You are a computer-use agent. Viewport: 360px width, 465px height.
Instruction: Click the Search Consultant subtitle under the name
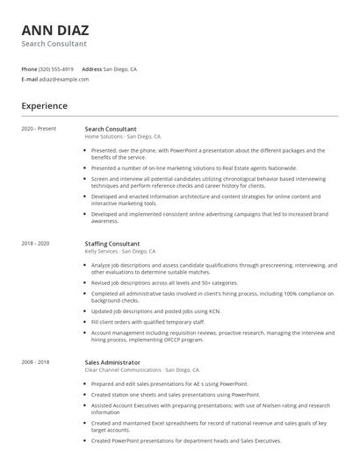coord(54,43)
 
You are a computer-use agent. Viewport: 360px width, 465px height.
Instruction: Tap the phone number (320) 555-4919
coord(56,68)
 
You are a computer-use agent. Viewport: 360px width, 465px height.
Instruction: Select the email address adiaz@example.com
coord(64,79)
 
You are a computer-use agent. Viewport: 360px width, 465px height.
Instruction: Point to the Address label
coord(91,68)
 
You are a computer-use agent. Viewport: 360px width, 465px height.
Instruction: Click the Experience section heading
coord(44,106)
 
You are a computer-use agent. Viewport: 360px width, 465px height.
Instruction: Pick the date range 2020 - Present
coord(39,129)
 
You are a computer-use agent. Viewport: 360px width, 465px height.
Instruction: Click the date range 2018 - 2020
coord(35,243)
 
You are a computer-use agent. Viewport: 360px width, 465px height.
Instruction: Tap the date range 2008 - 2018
coord(35,361)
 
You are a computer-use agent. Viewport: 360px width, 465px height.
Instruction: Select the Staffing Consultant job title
coord(112,243)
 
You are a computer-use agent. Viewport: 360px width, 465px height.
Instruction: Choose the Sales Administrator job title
coord(112,361)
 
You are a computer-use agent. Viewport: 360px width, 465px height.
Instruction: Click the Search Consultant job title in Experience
coord(110,129)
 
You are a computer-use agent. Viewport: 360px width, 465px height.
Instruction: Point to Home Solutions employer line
coord(122,137)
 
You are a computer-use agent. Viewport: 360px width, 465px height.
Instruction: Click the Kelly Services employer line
coord(119,251)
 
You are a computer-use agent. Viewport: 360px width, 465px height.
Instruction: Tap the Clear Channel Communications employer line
coord(141,369)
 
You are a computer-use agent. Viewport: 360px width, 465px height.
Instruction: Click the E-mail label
coord(29,79)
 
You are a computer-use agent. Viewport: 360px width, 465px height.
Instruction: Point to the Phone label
coord(29,68)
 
